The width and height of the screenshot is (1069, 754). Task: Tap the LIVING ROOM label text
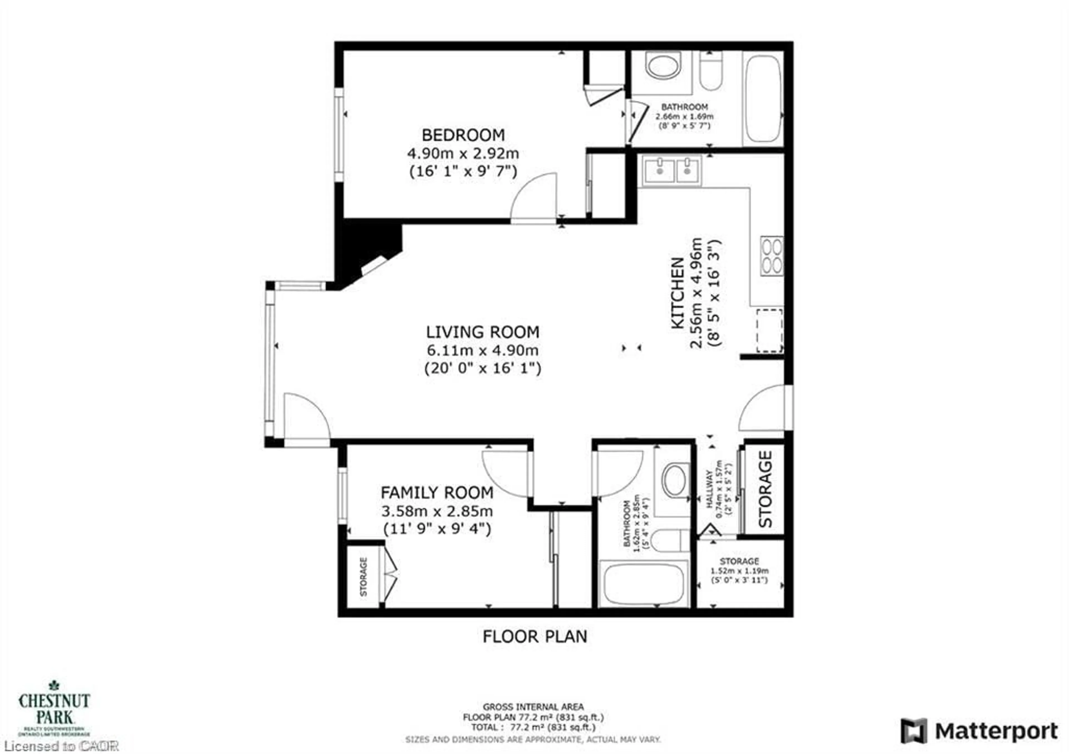(x=482, y=332)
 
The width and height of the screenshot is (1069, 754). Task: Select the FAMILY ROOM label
(x=437, y=493)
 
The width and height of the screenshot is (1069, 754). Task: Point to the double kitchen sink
(x=672, y=171)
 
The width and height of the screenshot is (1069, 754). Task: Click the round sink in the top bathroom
(x=663, y=66)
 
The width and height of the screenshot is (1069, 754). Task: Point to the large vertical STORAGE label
(x=765, y=489)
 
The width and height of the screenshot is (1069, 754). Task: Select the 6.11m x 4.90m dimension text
(x=482, y=350)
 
